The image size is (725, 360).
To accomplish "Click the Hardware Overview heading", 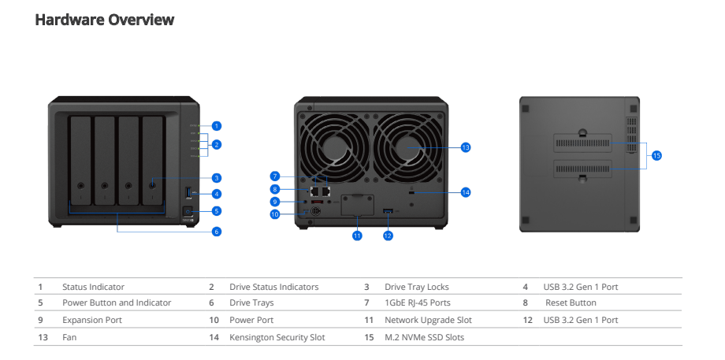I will tap(104, 20).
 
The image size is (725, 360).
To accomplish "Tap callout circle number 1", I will tap(217, 125).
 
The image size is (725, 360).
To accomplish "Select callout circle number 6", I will tap(217, 232).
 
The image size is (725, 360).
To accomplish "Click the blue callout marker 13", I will tap(465, 147).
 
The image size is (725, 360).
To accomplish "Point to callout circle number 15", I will tap(656, 156).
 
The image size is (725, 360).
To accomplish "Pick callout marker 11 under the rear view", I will tap(356, 235).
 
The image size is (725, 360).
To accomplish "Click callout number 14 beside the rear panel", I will tap(465, 191).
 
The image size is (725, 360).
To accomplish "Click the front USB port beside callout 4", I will tap(190, 193).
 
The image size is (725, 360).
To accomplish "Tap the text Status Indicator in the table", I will tap(93, 287).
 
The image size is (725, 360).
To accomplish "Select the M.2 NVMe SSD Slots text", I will tap(424, 337).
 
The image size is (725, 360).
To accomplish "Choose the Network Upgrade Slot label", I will tap(428, 320).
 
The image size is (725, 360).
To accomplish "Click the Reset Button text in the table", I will tap(571, 302).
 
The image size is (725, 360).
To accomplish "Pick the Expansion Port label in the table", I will tap(92, 320).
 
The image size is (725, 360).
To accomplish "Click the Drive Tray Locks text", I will tap(416, 287).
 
